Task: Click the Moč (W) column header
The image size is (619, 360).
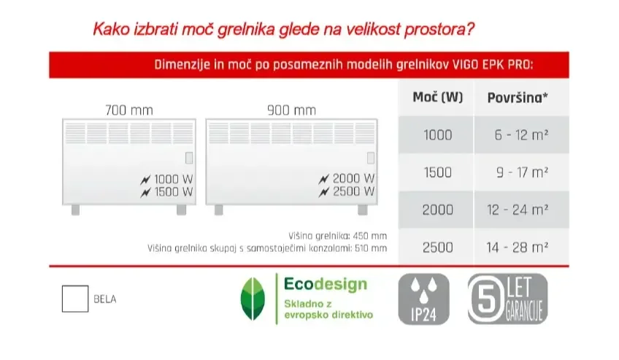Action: coord(437,97)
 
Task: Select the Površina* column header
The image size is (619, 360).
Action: coord(518,98)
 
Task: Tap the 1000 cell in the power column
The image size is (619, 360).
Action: coord(437,135)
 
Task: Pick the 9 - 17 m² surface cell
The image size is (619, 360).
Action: coord(523,172)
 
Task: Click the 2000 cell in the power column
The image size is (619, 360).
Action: coord(437,210)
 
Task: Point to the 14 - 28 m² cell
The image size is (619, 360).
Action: coord(517,248)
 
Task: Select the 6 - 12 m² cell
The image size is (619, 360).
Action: coord(521,135)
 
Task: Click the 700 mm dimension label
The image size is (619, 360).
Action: coord(129,110)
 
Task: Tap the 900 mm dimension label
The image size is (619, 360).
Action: coord(291,110)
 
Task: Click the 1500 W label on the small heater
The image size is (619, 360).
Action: coord(173,192)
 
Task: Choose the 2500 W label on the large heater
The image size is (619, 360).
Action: coord(353,191)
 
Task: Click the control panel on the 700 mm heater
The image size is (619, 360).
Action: coord(189,158)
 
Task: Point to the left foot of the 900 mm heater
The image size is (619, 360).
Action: coord(219,210)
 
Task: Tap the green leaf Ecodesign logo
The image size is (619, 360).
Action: coord(253,299)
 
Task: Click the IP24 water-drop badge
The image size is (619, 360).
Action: coord(423,299)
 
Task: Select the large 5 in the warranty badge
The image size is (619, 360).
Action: coord(486,299)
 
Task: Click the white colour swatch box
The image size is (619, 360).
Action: coord(75,299)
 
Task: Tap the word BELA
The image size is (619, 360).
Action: coord(105,299)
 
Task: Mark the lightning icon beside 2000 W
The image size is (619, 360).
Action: coord(323,179)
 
